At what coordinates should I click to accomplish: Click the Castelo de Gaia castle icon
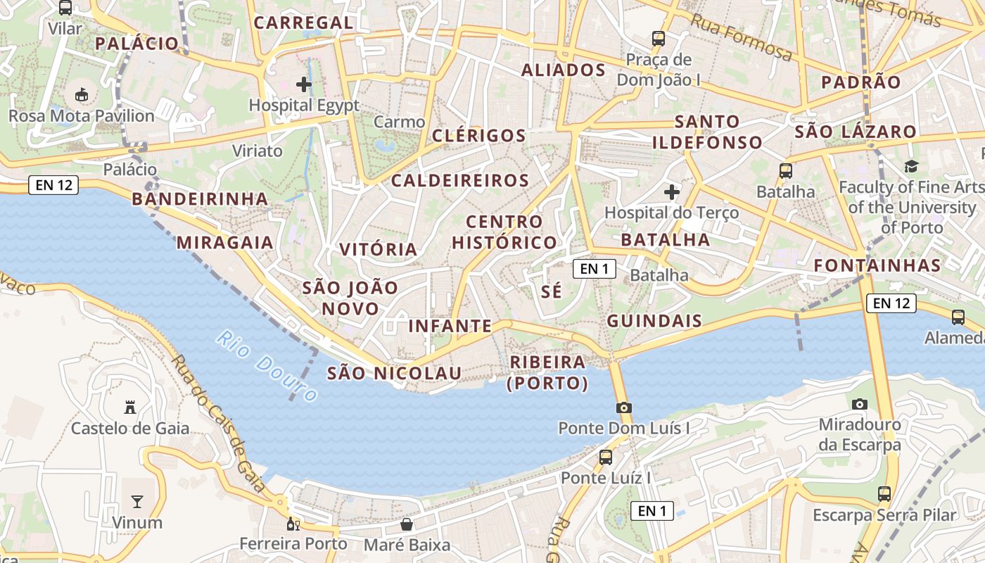129,407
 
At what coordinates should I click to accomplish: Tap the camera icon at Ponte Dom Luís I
623,407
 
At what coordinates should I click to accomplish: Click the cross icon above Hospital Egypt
304,85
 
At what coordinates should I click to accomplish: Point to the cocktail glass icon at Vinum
137,502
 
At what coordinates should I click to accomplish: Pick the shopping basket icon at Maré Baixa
407,524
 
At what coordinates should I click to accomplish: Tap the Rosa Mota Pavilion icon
82,94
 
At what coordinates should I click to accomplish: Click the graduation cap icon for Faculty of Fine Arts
911,166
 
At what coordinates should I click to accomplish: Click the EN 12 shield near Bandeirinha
53,186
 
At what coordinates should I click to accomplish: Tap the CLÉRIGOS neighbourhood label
479,136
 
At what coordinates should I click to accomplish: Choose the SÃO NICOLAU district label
394,373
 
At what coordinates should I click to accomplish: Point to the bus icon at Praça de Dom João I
659,38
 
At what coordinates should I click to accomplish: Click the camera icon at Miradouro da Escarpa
859,404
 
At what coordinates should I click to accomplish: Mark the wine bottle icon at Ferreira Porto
293,524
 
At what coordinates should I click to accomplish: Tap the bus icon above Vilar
65,8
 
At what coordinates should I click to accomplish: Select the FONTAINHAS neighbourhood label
877,265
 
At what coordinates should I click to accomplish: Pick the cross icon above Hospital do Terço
672,191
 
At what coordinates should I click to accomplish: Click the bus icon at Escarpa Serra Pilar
884,494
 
